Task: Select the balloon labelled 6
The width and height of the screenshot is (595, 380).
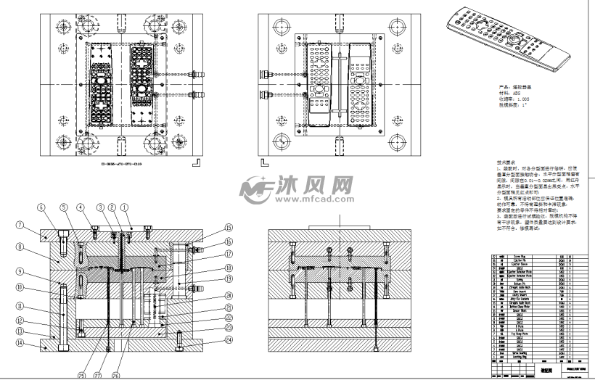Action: tap(43, 207)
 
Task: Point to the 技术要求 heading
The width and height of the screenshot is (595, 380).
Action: tap(486, 162)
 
